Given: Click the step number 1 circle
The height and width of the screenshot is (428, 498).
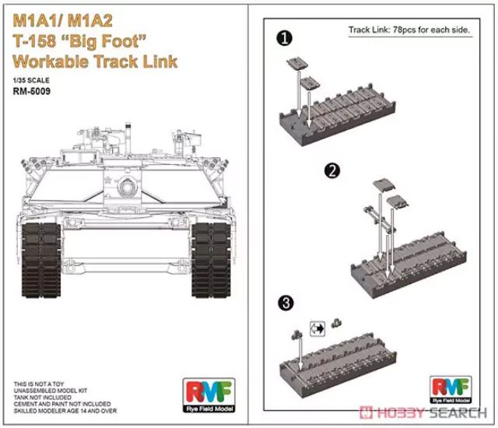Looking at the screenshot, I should coord(286,37).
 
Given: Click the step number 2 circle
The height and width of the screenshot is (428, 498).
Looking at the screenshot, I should coord(332,170).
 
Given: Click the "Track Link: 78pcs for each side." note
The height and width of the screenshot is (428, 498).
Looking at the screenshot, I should coord(411,30).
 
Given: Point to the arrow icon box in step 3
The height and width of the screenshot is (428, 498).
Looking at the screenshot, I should coord(317,328).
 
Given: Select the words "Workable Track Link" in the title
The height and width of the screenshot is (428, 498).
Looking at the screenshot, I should coord(95,61).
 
